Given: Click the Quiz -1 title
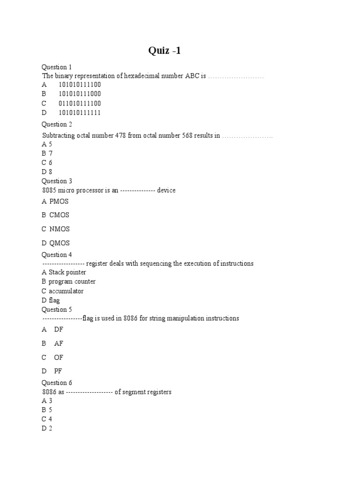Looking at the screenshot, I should point(165,51).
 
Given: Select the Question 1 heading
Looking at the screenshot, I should point(57,67).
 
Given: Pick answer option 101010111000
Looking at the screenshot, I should point(79,94).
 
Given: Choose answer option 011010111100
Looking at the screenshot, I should point(79,103).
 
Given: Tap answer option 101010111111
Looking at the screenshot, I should point(79,112).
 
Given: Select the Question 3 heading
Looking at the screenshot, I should point(57,181).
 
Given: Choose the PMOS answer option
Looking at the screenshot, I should point(59,202).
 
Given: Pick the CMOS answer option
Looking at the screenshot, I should point(59,215).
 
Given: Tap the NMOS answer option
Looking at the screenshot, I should point(59,229).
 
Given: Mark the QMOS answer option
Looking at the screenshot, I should point(59,243).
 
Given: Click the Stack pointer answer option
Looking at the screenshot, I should point(67,272).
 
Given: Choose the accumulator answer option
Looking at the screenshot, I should point(66,291).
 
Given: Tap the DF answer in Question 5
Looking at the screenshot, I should point(59,330).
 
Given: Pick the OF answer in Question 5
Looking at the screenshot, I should point(59,357).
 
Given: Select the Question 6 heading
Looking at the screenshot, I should point(57,383).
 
